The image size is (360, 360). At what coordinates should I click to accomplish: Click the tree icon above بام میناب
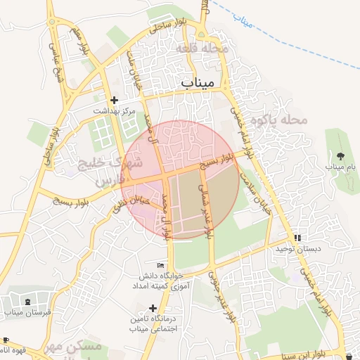[x=341, y=155]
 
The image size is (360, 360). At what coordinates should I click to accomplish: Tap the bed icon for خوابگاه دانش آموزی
[x=161, y=265]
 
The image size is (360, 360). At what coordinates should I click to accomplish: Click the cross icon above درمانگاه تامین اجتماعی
[x=153, y=307]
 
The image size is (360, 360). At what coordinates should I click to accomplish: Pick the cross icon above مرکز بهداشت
[x=114, y=100]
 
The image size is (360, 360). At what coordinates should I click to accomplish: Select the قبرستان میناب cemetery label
[x=24, y=312]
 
